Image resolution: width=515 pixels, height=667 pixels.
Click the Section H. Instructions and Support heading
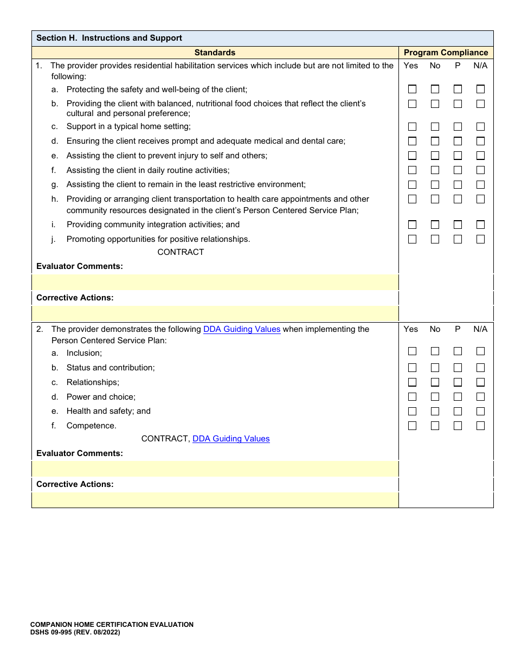pyautogui.click(x=109, y=38)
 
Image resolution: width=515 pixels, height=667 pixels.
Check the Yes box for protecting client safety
pyautogui.click(x=412, y=89)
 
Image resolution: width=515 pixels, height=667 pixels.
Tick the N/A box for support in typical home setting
pyautogui.click(x=480, y=126)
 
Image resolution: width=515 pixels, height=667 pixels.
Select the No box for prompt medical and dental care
pyautogui.click(x=435, y=141)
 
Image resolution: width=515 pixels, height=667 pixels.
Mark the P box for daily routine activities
pyautogui.click(x=458, y=170)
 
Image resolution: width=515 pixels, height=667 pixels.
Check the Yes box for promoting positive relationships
pyautogui.click(x=412, y=239)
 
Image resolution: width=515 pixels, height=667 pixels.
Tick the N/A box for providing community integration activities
pyautogui.click(x=480, y=225)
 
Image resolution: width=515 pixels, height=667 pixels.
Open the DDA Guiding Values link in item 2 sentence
pyautogui.click(x=242, y=329)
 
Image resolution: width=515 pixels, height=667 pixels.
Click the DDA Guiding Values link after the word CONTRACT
pyautogui.click(x=231, y=439)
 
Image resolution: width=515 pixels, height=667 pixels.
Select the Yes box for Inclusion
pyautogui.click(x=412, y=351)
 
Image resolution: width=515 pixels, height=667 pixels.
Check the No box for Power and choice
pyautogui.click(x=435, y=396)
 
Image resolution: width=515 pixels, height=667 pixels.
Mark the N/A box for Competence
pyautogui.click(x=480, y=426)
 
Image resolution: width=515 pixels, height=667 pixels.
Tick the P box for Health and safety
pyautogui.click(x=458, y=411)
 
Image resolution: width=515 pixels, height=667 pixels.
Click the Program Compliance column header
pyautogui.click(x=446, y=53)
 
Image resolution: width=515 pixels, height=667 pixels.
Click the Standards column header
pyautogui.click(x=215, y=53)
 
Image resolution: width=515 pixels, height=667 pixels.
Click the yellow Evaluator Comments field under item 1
pyautogui.click(x=215, y=282)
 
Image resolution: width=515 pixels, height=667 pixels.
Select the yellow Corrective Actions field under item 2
pyautogui.click(x=215, y=499)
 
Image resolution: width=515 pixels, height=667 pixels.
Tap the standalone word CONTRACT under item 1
pyautogui.click(x=181, y=252)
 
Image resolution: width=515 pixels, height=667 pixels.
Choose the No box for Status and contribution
pyautogui.click(x=435, y=368)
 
